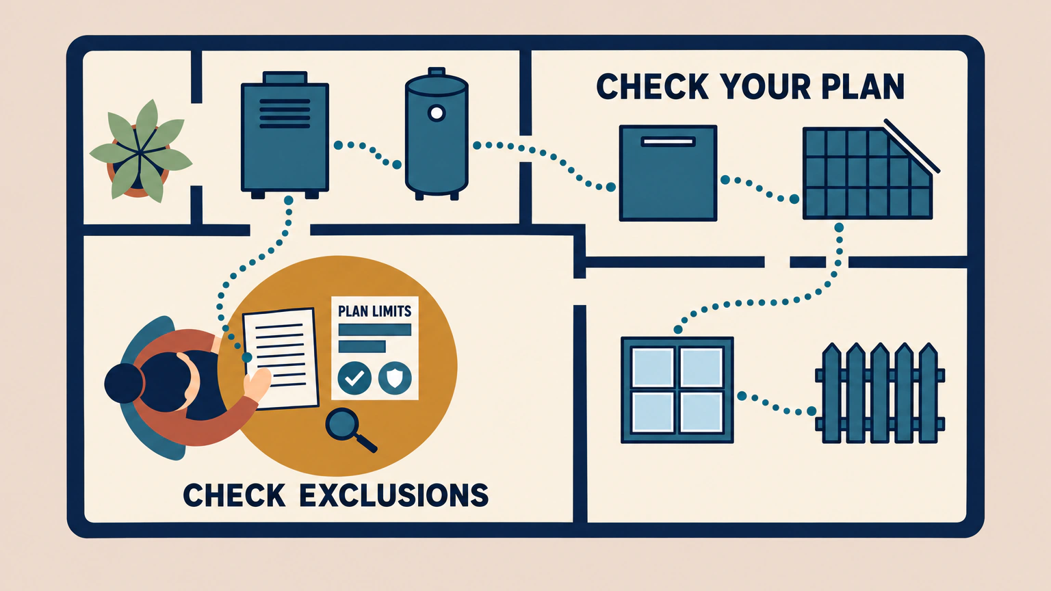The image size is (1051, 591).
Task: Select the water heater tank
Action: point(437,134)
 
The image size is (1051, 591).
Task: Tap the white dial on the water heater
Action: point(437,113)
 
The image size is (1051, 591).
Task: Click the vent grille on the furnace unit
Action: point(285,114)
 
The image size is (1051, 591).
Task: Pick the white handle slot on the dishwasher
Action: point(668,142)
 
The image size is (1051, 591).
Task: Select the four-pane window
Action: point(677,390)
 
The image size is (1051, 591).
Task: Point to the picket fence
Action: point(880,393)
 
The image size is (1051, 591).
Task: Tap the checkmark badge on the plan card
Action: point(354,378)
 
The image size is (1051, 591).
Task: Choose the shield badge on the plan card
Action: point(395,378)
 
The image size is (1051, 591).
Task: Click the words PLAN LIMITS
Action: point(374,311)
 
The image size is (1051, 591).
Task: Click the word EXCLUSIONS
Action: point(393,495)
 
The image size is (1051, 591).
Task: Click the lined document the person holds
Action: point(281,359)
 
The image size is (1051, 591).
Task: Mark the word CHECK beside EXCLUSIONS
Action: point(234,495)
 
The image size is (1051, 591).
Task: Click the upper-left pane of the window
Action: point(653,368)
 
